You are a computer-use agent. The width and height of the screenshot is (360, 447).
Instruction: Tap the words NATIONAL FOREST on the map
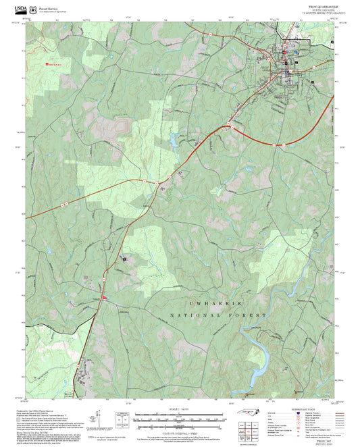point(219,315)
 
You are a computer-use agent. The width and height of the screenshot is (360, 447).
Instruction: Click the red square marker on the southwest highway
point(103,297)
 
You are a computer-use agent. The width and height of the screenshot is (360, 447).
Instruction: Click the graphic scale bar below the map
point(180,419)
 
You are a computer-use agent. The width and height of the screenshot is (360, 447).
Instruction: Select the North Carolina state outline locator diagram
point(251,419)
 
